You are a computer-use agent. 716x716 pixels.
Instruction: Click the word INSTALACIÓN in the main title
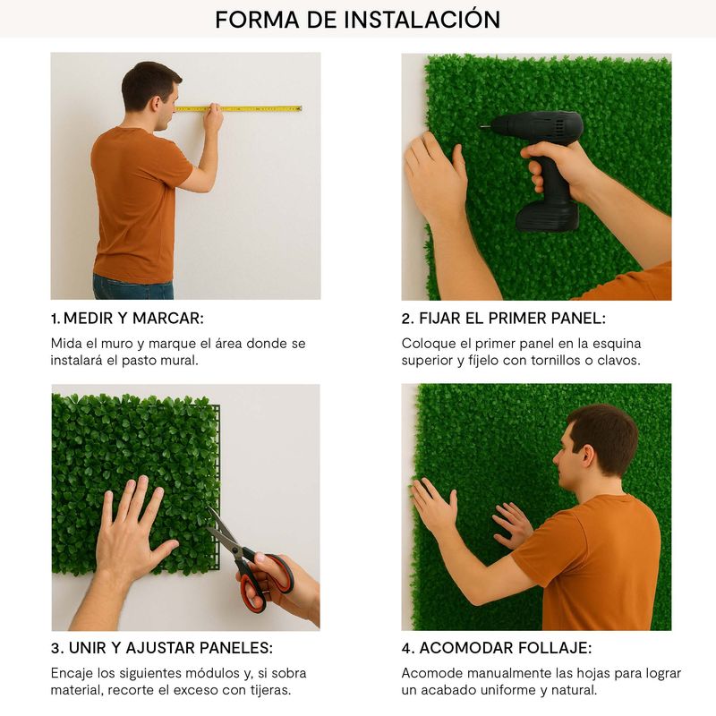(422, 19)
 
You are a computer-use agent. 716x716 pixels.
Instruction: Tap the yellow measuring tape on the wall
(238, 108)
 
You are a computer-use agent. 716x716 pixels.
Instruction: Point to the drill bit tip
(482, 126)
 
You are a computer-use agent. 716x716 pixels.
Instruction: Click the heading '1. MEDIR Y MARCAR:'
(127, 319)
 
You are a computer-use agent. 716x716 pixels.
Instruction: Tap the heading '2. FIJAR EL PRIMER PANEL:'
(503, 319)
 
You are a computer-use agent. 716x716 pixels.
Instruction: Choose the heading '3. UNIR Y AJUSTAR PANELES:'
(162, 647)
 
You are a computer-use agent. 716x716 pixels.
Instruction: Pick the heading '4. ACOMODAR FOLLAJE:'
(497, 647)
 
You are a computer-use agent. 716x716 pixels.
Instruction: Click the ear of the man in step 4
(587, 456)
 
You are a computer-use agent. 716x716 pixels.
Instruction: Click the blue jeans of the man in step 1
(133, 286)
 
